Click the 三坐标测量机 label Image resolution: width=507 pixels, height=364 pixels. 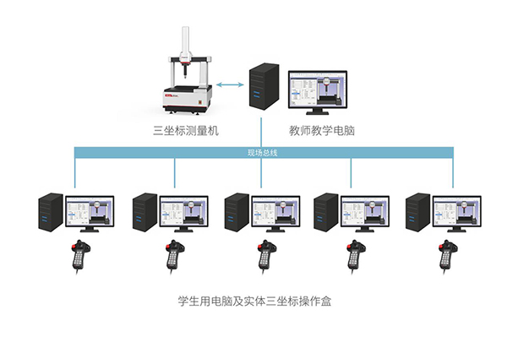point(184,129)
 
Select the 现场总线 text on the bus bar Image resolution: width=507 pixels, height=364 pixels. point(263,153)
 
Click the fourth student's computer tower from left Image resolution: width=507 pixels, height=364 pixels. point(325,212)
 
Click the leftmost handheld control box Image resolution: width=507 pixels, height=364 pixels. point(80,256)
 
